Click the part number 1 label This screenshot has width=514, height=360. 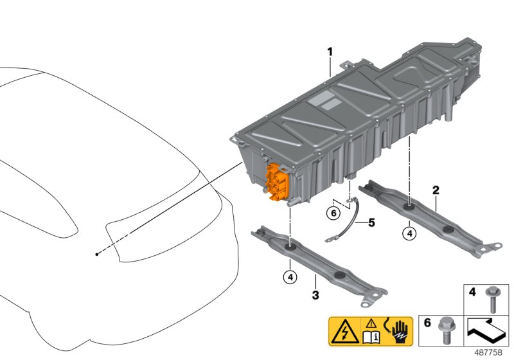[330, 51]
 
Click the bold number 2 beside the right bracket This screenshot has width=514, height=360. [436, 190]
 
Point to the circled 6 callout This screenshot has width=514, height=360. [333, 213]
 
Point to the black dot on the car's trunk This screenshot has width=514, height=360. [97, 255]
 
